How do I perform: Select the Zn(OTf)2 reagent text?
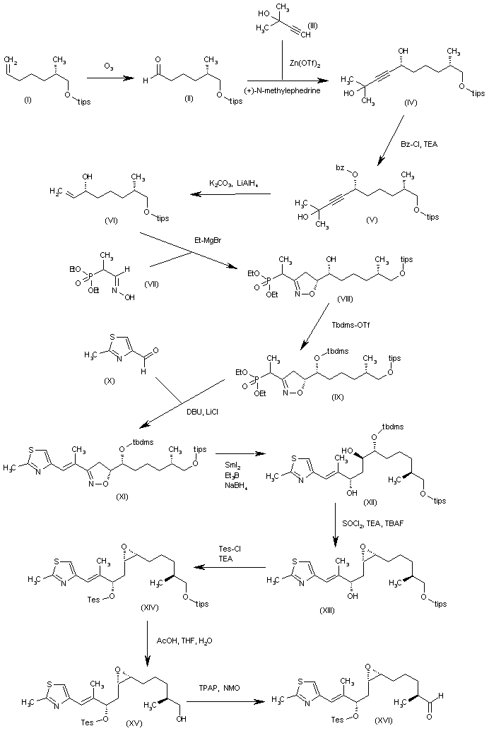click(302, 63)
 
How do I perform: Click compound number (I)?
click(28, 99)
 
